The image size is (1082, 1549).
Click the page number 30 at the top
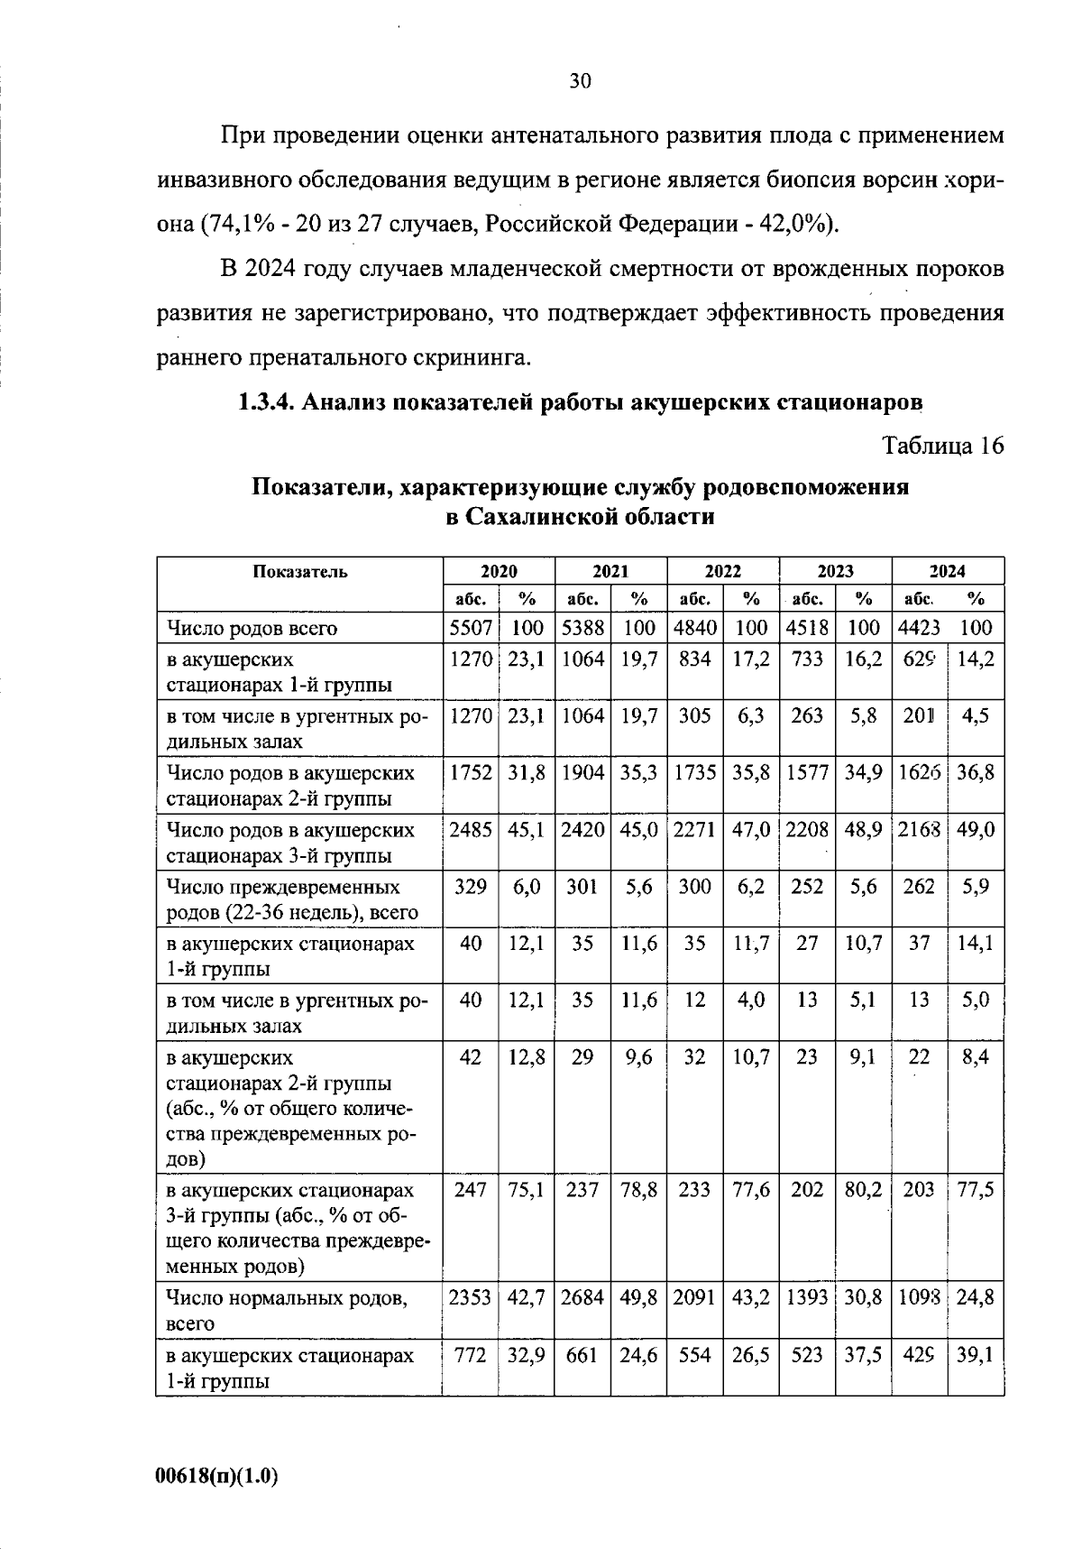580,82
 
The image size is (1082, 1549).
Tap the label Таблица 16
942,446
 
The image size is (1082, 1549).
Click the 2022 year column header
722,571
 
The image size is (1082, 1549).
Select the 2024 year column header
947,571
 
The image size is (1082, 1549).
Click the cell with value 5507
471,628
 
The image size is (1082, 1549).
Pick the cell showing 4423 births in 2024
920,628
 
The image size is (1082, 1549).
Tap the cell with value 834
694,659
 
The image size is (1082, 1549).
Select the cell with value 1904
582,773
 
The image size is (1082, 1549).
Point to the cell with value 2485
471,830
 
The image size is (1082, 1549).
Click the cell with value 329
471,887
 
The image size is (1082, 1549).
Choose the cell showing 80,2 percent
863,1189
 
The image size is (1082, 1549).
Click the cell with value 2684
582,1298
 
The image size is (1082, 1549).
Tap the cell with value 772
471,1355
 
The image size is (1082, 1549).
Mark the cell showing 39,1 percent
975,1355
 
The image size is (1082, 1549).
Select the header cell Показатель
299,571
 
